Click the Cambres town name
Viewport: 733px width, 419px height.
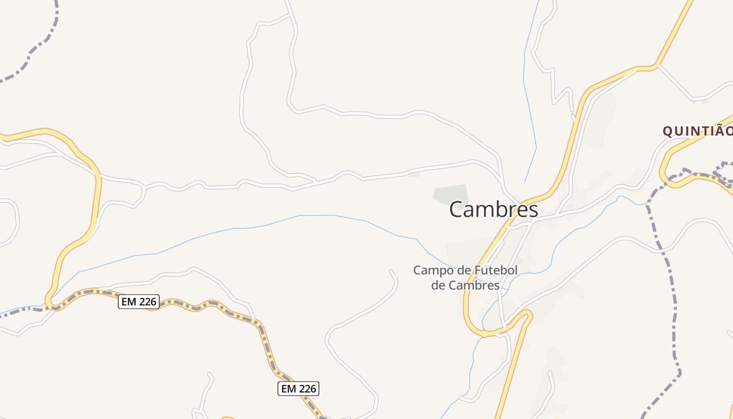tap(493, 210)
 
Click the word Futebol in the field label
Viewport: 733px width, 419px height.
tap(495, 271)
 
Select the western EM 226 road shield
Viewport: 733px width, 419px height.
tap(138, 302)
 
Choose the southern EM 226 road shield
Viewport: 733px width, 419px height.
tap(297, 389)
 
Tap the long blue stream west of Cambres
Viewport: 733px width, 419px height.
tap(262, 226)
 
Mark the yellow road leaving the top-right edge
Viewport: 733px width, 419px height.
tap(681, 21)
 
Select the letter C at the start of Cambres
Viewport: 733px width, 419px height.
tap(457, 210)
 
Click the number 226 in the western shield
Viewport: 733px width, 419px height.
tap(147, 302)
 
